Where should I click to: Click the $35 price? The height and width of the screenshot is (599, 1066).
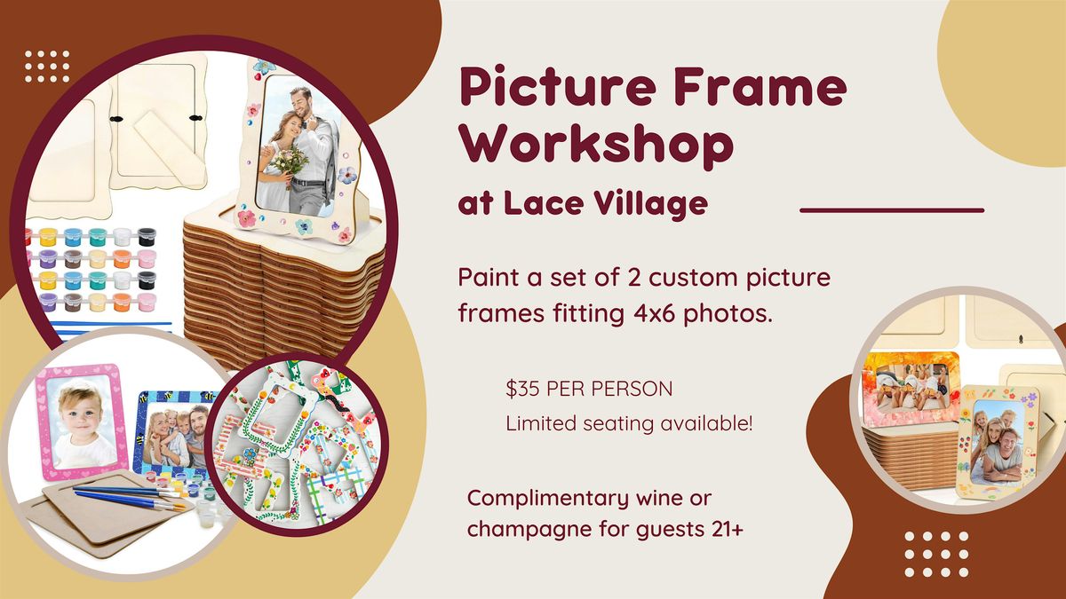coord(522,389)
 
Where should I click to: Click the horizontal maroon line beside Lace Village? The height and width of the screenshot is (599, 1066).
coord(892,210)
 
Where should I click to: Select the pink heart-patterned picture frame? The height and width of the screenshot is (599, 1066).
coord(82,422)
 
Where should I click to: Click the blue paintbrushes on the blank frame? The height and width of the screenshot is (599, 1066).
coord(129,497)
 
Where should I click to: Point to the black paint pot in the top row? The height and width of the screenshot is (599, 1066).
coord(147,237)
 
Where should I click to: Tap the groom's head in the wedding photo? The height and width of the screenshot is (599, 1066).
coord(302,103)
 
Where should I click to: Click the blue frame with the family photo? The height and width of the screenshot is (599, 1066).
coord(175,434)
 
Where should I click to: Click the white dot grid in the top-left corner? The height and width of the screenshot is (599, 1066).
coord(47,67)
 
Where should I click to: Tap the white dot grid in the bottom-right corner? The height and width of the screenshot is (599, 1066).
coord(936,555)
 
